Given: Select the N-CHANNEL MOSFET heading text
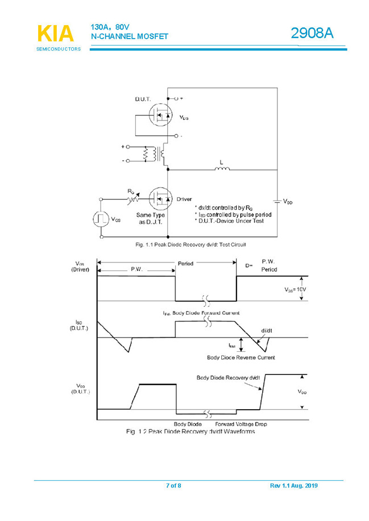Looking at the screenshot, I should click(130, 37).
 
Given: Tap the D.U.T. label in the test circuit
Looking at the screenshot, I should click(143, 99).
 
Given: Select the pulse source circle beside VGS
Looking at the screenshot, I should click(101, 219).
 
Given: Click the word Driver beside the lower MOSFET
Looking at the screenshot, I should click(184, 199).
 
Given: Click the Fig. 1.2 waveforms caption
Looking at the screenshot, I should click(190, 432).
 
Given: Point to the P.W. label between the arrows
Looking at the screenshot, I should click(136, 269).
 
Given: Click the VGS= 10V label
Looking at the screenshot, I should click(295, 289).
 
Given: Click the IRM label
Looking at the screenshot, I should click(231, 344).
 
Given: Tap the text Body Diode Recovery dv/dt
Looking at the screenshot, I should click(228, 377).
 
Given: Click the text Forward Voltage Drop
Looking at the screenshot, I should click(241, 424).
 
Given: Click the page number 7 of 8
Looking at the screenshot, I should click(173, 486).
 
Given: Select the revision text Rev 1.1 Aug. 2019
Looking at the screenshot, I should click(294, 486).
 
